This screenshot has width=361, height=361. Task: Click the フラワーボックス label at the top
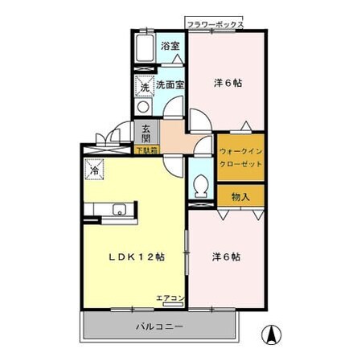click(x=215, y=25)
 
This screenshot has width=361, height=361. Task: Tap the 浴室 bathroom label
click(x=169, y=45)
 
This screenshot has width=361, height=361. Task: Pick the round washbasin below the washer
click(x=143, y=105)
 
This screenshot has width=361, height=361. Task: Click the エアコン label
click(x=170, y=298)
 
